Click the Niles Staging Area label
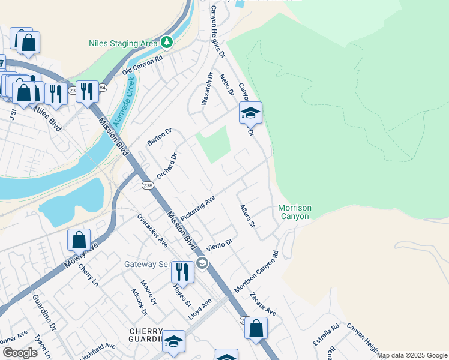[x=123, y=43]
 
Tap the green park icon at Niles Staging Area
[x=167, y=43]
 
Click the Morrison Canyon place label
[x=295, y=212]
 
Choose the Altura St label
[x=248, y=215]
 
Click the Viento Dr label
[x=218, y=245]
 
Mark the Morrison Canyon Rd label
[x=257, y=272]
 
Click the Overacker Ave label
[x=152, y=230]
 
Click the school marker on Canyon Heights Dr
[x=250, y=112]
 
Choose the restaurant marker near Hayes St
[x=182, y=272]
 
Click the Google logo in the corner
[x=20, y=353]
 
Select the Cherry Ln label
[x=88, y=275]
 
